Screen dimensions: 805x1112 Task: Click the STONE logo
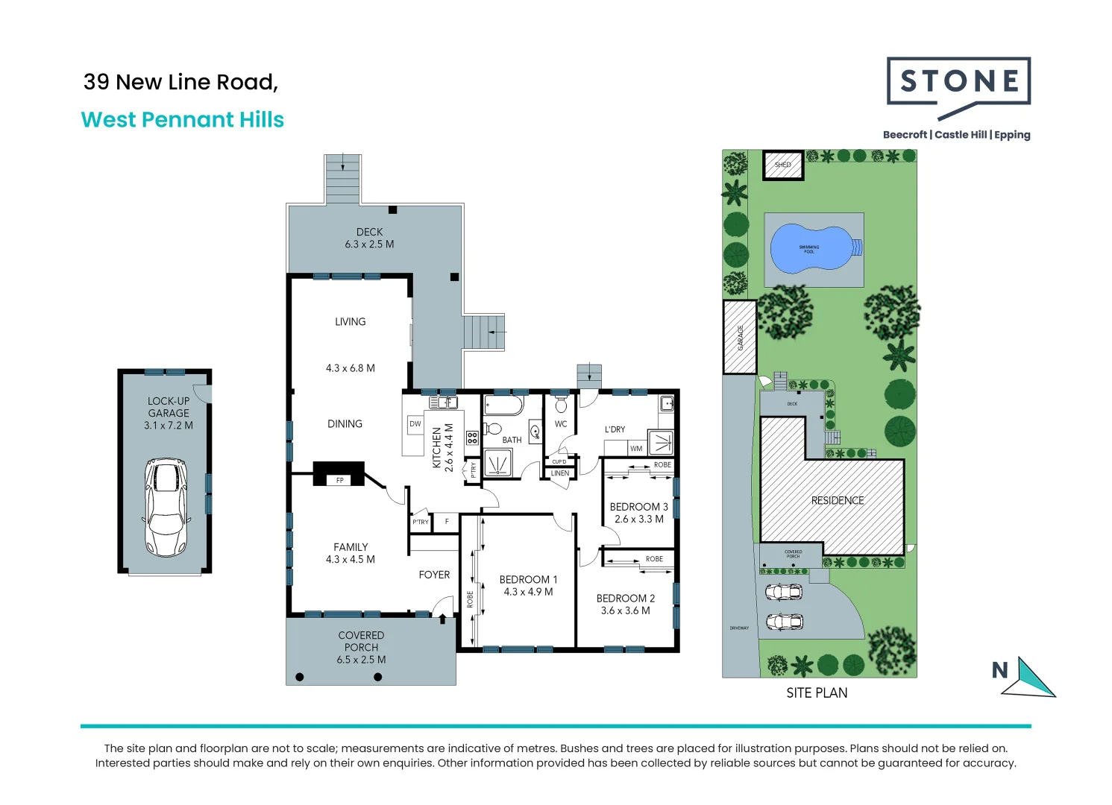coord(958,82)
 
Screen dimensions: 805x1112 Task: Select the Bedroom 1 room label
coord(528,579)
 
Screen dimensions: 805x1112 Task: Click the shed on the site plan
coord(783,165)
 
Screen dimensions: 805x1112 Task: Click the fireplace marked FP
coord(339,480)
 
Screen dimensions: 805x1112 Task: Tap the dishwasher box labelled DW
coord(415,424)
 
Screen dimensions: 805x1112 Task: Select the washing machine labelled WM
coord(636,449)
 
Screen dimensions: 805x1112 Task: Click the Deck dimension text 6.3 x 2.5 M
coord(369,244)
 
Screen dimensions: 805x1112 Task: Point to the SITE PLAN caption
coord(817,693)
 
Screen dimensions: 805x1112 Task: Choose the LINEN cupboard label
coord(560,473)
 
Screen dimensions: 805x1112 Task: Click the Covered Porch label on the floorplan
coord(361,641)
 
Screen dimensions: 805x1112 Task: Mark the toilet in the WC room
coord(562,405)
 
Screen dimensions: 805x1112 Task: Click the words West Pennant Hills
coord(183,120)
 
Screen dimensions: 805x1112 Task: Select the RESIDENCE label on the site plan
coord(838,501)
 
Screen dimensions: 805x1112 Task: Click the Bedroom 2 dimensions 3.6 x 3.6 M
coord(625,610)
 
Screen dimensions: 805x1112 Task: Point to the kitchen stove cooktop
coord(472,438)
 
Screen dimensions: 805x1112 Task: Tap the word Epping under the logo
coord(1012,135)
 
